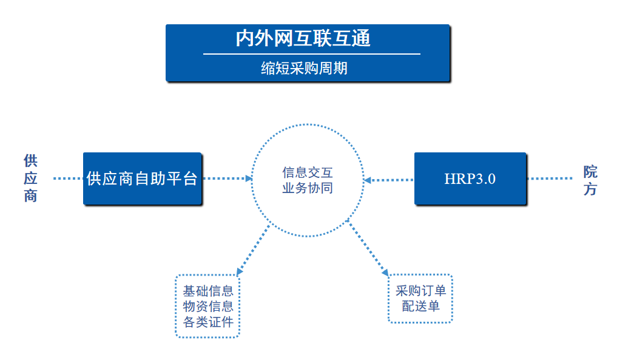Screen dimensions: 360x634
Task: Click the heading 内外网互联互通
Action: point(303,39)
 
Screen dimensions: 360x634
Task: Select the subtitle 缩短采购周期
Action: point(304,68)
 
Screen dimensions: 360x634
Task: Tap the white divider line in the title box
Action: point(311,54)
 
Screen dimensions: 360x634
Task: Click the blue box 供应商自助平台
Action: point(142,178)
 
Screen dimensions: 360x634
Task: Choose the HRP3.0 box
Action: point(470,179)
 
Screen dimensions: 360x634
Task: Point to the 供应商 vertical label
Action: point(30,178)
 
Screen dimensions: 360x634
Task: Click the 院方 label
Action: point(590,180)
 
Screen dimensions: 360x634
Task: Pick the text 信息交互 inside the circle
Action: point(308,172)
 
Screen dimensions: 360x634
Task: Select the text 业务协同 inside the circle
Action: point(308,188)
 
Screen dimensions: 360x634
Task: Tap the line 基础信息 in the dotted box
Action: point(208,291)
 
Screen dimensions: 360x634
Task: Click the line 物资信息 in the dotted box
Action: point(208,307)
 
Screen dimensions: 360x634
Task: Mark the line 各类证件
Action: point(208,322)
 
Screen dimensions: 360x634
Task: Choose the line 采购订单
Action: point(420,291)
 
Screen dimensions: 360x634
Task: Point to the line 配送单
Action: point(420,307)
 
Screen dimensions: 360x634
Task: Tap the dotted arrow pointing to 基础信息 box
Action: point(253,250)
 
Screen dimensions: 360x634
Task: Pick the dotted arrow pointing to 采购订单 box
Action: point(369,249)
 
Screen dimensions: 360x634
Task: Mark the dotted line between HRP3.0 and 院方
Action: point(550,179)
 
